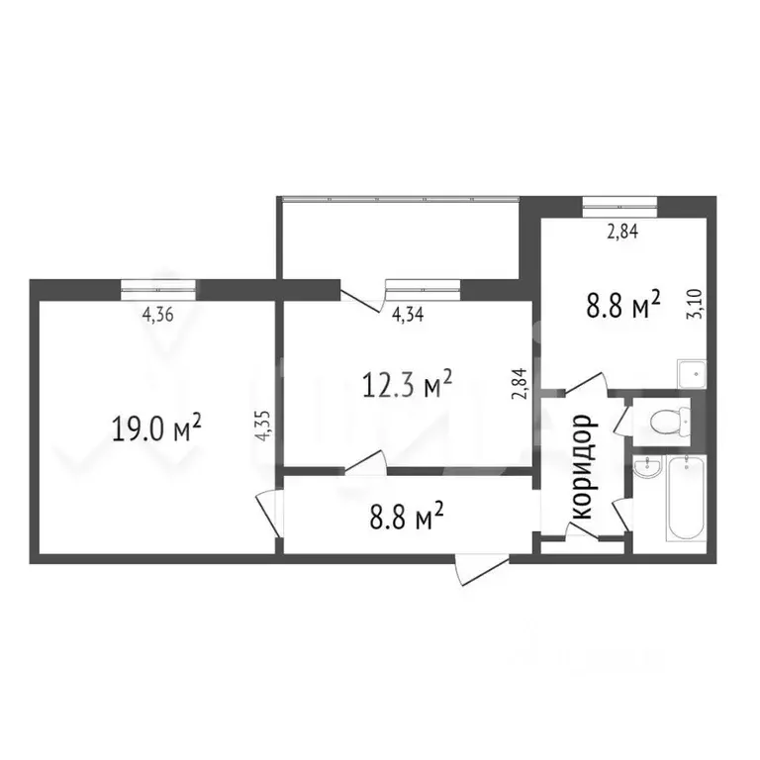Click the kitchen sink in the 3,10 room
pos(690,374)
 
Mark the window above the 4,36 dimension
pos(159,288)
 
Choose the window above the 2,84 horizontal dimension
pos(619,207)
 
